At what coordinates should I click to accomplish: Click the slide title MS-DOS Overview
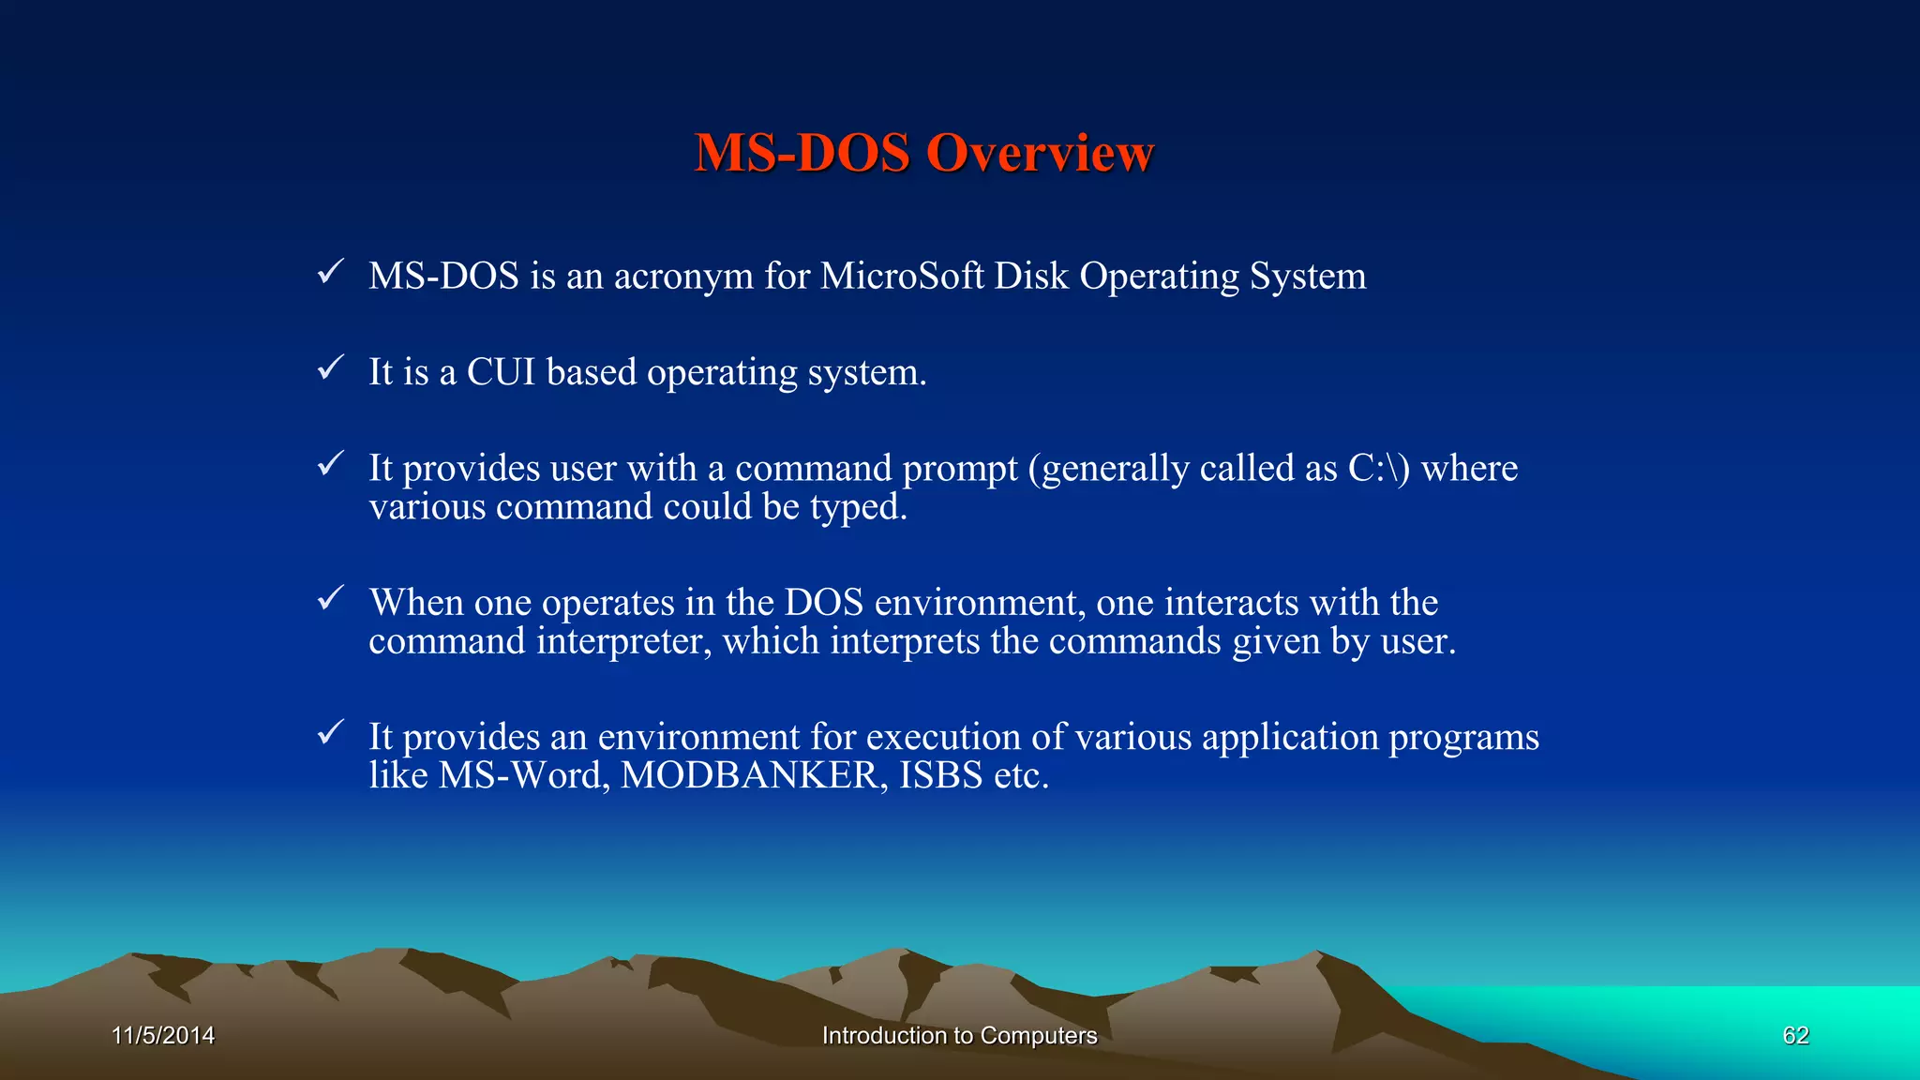click(x=923, y=153)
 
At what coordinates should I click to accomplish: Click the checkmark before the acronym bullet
click(x=330, y=272)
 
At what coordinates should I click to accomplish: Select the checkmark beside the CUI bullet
click(x=330, y=367)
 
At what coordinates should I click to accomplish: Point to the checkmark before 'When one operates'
click(x=330, y=597)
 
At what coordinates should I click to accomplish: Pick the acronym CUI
click(x=501, y=372)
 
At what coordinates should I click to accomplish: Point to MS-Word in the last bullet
click(x=523, y=775)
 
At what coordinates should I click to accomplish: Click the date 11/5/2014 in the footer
click(x=163, y=1035)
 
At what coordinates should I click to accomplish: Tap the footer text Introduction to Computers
click(x=959, y=1035)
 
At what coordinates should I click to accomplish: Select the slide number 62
click(x=1795, y=1035)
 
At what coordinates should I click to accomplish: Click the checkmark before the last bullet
click(x=330, y=732)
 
